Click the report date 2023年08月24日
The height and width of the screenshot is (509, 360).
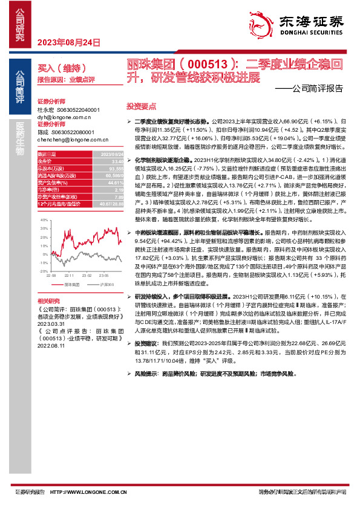point(69,42)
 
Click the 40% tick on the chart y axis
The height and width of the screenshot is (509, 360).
point(44,221)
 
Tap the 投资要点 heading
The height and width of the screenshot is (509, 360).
point(136,105)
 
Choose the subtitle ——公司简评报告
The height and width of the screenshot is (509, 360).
point(313,86)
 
